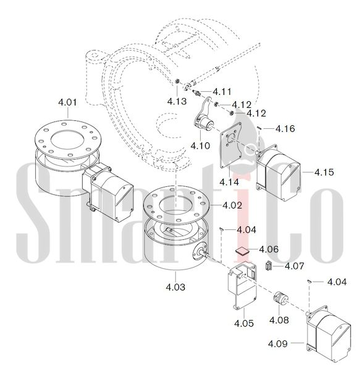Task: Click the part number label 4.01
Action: coord(67,102)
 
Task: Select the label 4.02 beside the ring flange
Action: coord(232,205)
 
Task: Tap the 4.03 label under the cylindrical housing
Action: coord(175,287)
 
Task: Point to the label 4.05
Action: coord(244,323)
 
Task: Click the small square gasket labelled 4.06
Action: coord(242,251)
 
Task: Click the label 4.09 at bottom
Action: coord(278,343)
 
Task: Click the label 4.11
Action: coord(222,91)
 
